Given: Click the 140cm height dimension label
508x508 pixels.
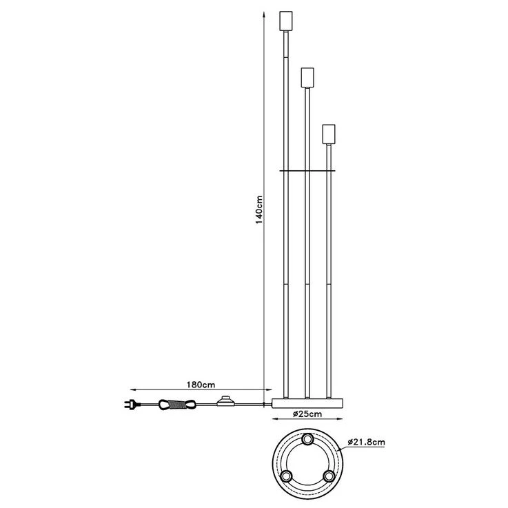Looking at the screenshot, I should [x=258, y=207].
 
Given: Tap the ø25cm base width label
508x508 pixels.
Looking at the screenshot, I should [x=306, y=414].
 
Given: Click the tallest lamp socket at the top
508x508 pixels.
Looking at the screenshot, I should [x=285, y=21].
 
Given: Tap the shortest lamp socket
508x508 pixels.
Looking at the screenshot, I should [x=329, y=132].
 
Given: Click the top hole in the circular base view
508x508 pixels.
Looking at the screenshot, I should [x=307, y=439].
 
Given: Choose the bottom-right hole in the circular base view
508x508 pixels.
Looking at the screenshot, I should [x=329, y=476].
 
